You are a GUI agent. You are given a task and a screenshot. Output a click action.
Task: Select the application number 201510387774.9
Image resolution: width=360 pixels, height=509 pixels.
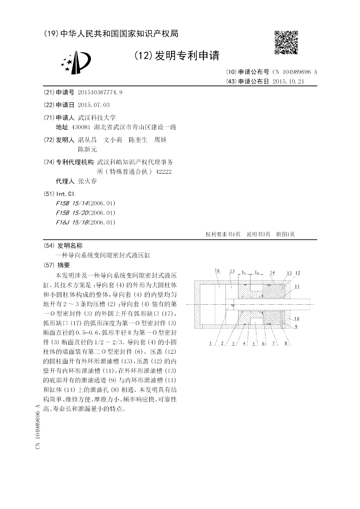pos(100,93)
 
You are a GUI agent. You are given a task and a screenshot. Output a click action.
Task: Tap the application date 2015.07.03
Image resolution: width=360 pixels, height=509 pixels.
pos(94,105)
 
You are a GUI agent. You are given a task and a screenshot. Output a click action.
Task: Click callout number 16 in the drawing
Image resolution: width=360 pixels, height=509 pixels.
pos(217,271)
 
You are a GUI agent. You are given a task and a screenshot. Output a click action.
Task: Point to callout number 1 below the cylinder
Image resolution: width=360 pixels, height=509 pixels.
pos(210,343)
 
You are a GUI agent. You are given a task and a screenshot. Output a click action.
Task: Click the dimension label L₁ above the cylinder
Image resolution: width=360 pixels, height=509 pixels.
pos(243,272)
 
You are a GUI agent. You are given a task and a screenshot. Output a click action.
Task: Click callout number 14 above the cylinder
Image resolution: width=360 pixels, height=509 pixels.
pos(272,272)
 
